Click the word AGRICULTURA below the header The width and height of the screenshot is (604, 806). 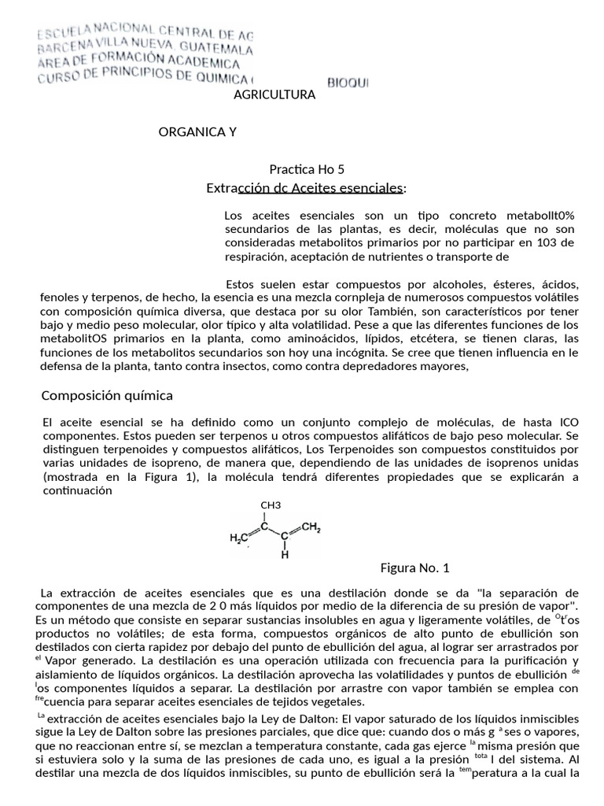pos(275,94)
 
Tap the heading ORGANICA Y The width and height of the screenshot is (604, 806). pos(197,131)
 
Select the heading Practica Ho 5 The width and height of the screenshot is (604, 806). pos(307,169)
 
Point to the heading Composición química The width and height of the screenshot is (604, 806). pos(107,394)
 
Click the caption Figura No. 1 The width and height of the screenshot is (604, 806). pos(414,568)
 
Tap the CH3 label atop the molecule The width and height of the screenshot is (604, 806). pos(271,505)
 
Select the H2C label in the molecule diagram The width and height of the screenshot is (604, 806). pos(238,538)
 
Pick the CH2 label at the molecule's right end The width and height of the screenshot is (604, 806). pos(311,527)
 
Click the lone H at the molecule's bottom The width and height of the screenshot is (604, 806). pos(285,554)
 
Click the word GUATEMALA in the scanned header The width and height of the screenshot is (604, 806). pos(223,48)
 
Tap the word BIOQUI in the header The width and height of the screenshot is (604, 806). pos(348,82)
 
